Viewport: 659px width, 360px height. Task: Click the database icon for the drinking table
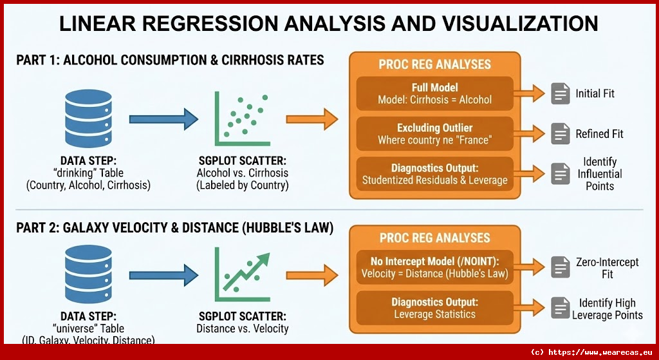pos(84,119)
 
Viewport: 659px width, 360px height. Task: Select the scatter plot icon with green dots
pos(241,120)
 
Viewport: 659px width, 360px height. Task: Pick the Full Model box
pos(434,93)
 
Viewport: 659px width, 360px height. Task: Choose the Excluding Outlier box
pos(434,133)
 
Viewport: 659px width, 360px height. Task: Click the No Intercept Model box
pos(434,267)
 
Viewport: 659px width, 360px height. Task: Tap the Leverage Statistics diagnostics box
pos(434,308)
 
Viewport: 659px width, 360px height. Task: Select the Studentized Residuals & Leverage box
pos(434,174)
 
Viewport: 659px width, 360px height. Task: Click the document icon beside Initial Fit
pos(561,93)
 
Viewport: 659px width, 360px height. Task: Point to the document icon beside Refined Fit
pos(561,133)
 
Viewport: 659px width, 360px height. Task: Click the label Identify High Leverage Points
pos(607,309)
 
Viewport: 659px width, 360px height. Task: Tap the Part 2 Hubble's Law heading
pos(175,227)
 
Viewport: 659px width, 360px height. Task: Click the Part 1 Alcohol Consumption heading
pos(170,61)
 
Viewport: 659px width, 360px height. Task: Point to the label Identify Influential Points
pos(600,174)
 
